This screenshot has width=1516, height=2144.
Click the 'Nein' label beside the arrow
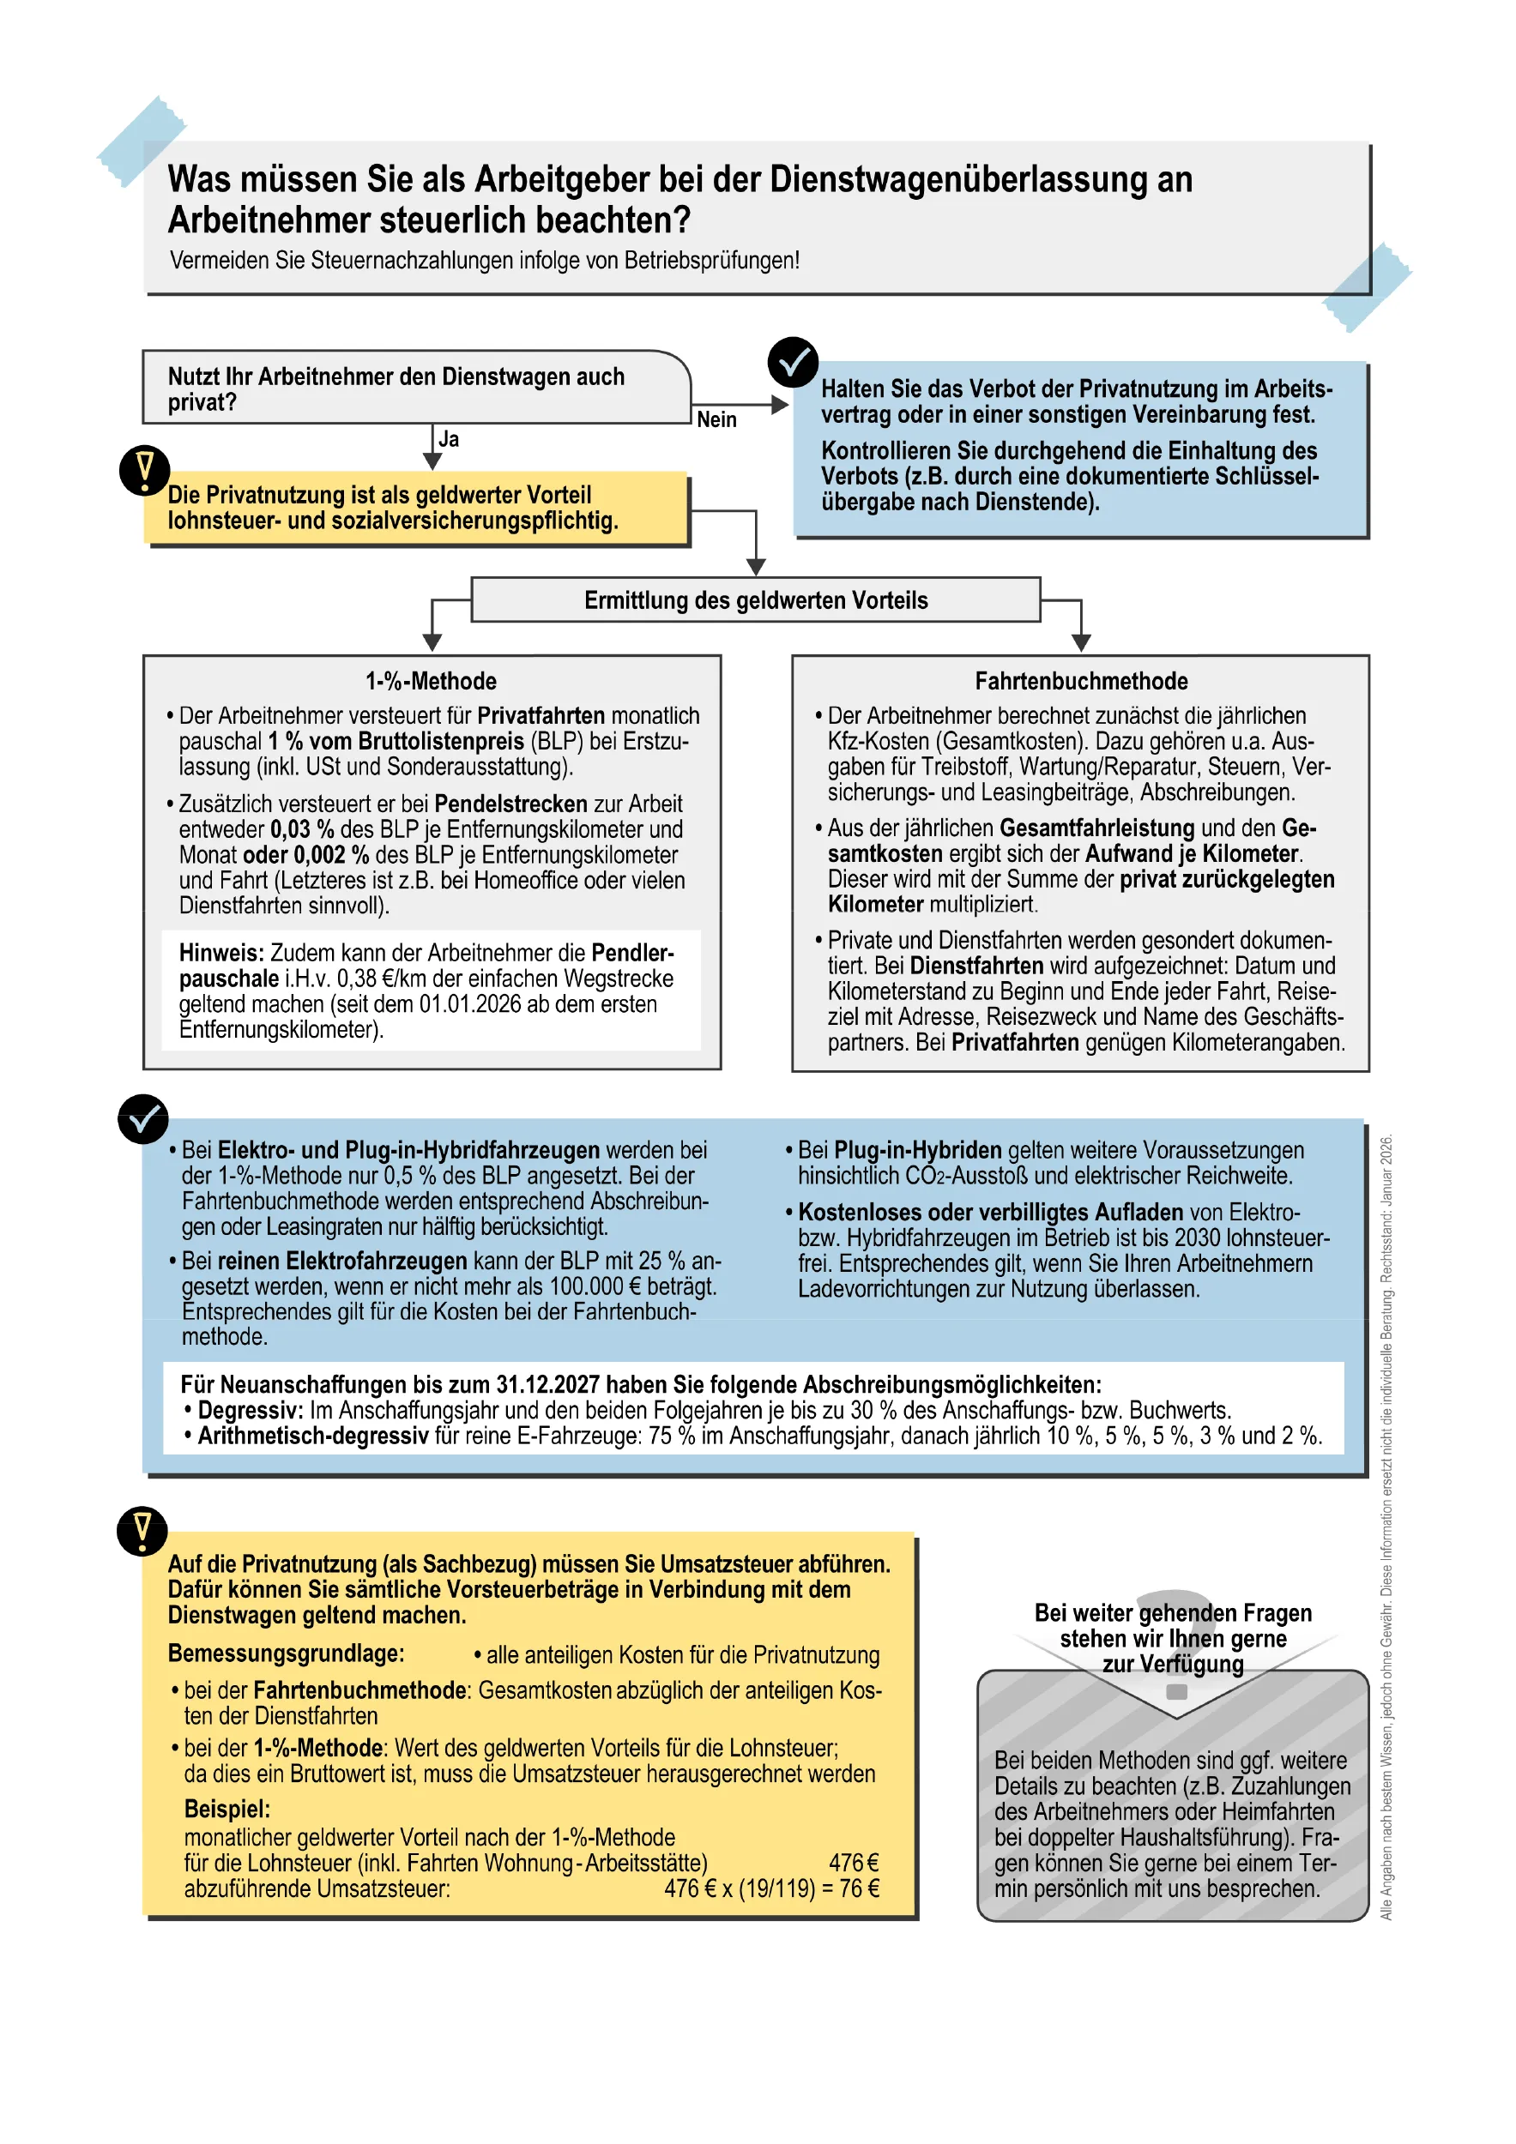(716, 420)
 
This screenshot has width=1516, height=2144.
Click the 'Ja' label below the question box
(450, 439)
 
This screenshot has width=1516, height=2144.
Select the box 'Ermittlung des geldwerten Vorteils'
(756, 600)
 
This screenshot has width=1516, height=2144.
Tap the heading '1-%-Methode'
(431, 681)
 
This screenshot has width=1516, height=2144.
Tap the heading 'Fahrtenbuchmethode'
(1081, 681)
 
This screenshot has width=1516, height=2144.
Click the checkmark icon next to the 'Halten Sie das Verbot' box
(793, 362)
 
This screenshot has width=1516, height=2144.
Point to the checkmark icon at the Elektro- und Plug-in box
(143, 1117)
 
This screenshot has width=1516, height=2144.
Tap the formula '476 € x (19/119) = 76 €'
(771, 1888)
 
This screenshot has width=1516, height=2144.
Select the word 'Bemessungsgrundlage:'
(286, 1653)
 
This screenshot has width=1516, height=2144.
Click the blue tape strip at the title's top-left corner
(140, 141)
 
